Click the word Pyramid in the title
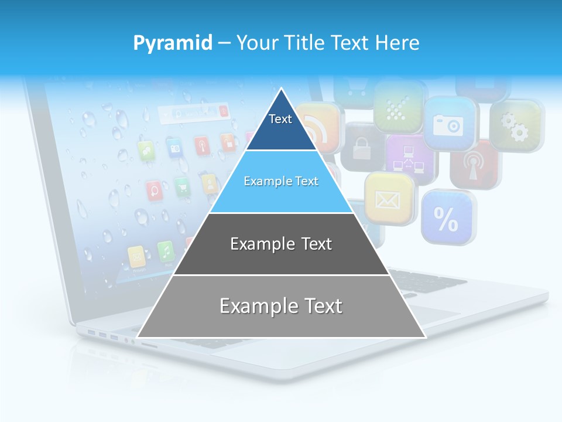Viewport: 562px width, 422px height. pos(173,43)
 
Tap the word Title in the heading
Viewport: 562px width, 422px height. pos(307,43)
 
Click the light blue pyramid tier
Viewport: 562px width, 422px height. pos(281,182)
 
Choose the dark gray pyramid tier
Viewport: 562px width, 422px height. pos(281,244)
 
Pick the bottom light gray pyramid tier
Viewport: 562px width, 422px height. pos(281,306)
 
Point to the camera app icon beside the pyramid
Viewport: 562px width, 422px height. pos(448,124)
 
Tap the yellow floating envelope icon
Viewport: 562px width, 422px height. pos(388,198)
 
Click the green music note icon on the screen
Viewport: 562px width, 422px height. pos(166,251)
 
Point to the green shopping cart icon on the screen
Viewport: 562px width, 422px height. pos(182,186)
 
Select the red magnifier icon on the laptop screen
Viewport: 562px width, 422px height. pos(155,189)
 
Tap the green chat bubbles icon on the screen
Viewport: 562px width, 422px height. pos(146,151)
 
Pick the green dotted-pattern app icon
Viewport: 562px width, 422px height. pos(399,105)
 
